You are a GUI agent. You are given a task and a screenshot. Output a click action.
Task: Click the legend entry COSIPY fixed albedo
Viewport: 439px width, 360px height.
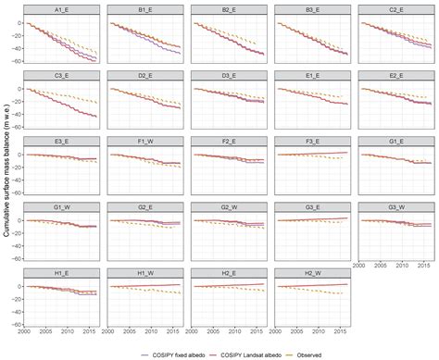(172, 353)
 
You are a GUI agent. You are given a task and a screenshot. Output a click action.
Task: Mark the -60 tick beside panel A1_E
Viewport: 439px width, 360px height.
(18, 60)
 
